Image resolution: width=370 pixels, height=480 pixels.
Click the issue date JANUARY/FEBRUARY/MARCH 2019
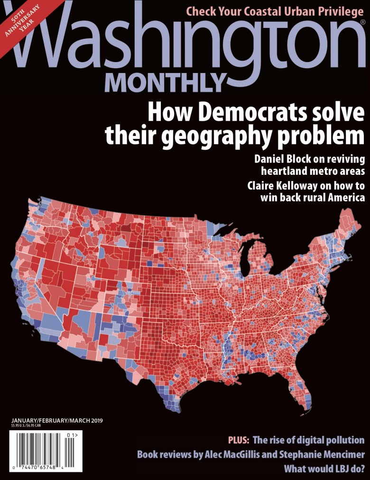[x=56, y=420]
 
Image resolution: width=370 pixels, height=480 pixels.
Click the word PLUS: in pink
[x=239, y=440]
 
